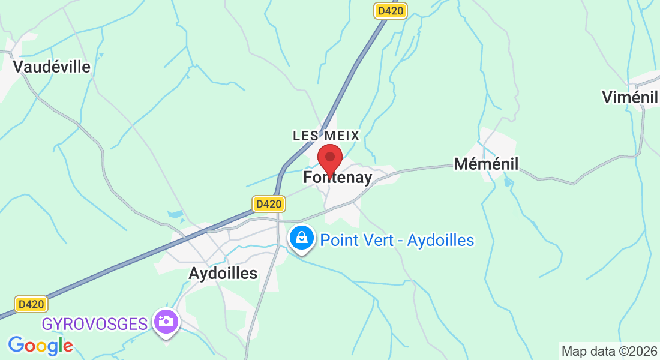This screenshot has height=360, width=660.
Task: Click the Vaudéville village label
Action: click(52, 67)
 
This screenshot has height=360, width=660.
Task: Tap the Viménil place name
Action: click(630, 97)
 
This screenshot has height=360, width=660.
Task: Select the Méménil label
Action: click(486, 163)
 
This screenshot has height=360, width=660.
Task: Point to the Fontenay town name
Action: click(338, 178)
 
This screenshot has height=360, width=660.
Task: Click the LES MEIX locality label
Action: click(326, 136)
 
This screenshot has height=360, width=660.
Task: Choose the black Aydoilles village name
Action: click(223, 274)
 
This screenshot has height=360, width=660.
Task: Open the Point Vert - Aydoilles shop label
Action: click(397, 241)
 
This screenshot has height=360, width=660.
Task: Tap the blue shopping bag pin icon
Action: click(302, 238)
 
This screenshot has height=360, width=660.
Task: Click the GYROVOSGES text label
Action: click(95, 325)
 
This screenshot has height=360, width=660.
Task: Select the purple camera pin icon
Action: click(166, 322)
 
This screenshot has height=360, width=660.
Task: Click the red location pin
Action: click(329, 159)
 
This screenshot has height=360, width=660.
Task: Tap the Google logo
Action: click(40, 346)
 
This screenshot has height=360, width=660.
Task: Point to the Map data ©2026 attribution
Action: click(609, 351)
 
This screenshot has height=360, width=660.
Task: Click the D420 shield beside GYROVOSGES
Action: click(31, 304)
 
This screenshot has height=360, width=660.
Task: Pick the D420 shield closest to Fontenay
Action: click(268, 204)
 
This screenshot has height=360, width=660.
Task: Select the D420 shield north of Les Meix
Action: click(390, 10)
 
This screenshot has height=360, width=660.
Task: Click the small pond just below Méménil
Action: click(509, 181)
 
